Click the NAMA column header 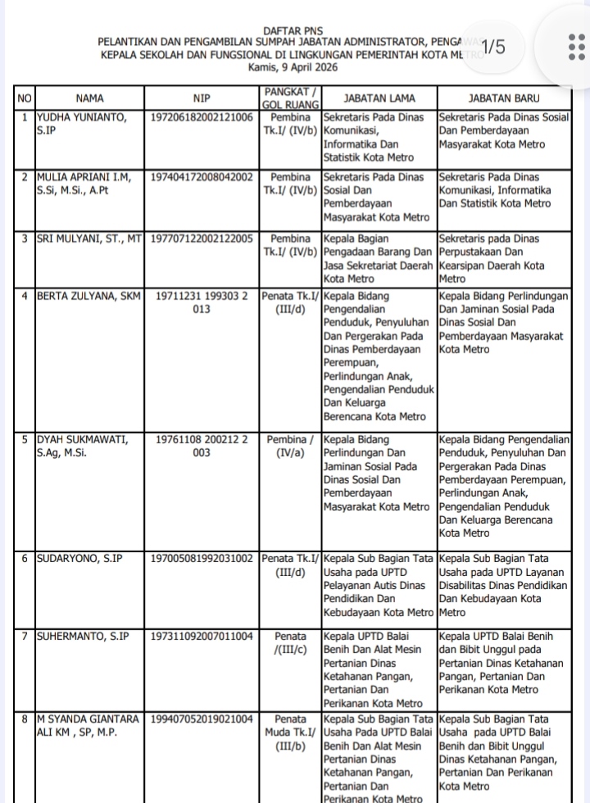pyautogui.click(x=90, y=98)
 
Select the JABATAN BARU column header pyautogui.click(x=504, y=98)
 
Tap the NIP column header pyautogui.click(x=202, y=98)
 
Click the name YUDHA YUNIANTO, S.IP pyautogui.click(x=82, y=123)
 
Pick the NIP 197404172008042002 pyautogui.click(x=202, y=176)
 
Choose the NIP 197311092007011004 pyautogui.click(x=202, y=636)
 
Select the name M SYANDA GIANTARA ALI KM pyautogui.click(x=88, y=726)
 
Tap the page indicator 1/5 pyautogui.click(x=493, y=47)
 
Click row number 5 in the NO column pyautogui.click(x=25, y=439)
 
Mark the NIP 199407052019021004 pyautogui.click(x=202, y=719)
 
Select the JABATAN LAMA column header pyautogui.click(x=379, y=98)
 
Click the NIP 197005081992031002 pyautogui.click(x=202, y=558)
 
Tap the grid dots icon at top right pyautogui.click(x=574, y=47)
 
